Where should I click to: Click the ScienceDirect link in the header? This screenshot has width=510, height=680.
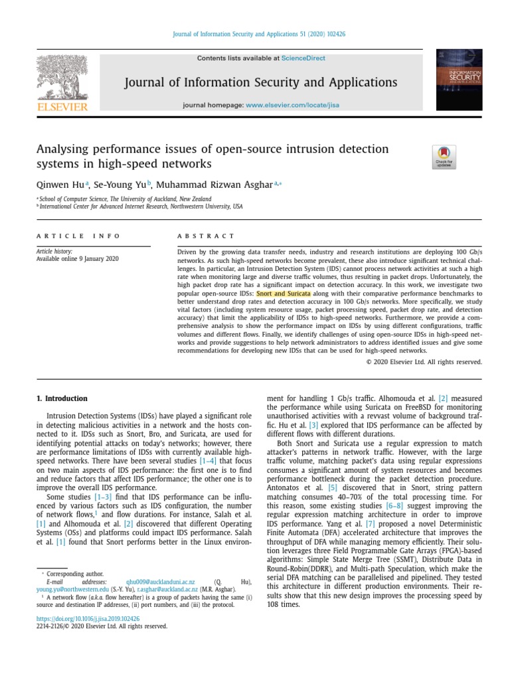[x=303, y=58]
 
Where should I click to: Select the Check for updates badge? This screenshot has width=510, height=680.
[x=444, y=157]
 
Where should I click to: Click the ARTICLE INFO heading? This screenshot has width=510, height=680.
[x=79, y=236]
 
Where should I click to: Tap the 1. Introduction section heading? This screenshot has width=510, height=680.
[x=62, y=398]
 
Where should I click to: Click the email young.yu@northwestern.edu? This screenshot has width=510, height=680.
[x=72, y=589]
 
